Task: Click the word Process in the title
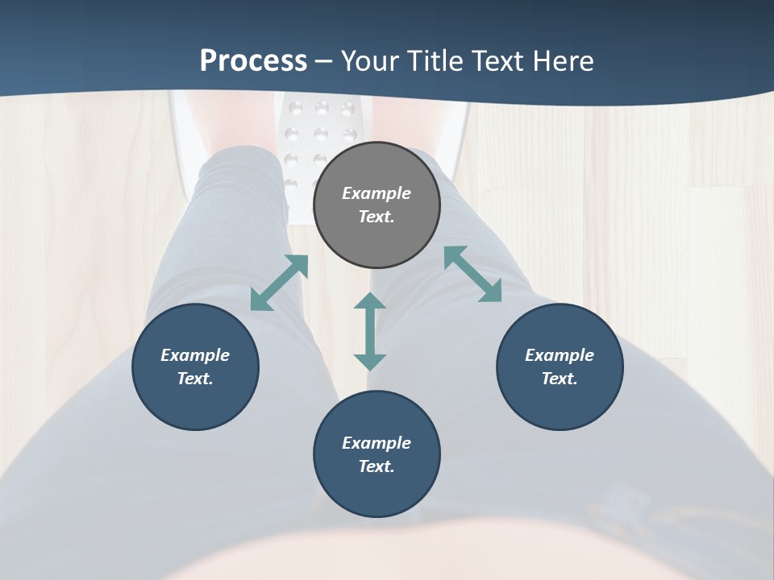[253, 61]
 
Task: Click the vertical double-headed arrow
[370, 331]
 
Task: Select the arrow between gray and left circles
[279, 283]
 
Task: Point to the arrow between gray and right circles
[473, 274]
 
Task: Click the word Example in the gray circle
[377, 193]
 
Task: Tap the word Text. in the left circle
[195, 379]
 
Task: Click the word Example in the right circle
[560, 355]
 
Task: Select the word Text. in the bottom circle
[377, 466]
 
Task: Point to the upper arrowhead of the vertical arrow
[370, 302]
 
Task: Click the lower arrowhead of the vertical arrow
[370, 361]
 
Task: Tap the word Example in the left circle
[195, 355]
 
